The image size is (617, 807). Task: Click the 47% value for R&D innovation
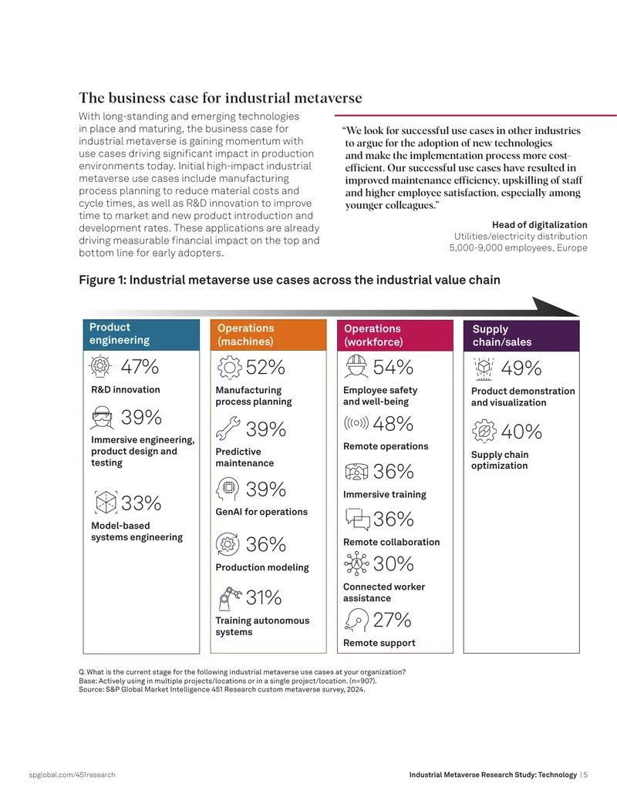click(140, 366)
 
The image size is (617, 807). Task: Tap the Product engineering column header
click(141, 335)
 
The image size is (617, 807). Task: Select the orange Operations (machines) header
click(268, 335)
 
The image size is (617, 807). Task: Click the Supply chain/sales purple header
click(521, 335)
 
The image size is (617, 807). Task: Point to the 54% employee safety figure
click(393, 367)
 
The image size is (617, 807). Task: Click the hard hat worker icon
click(356, 367)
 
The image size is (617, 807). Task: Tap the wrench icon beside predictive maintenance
click(228, 429)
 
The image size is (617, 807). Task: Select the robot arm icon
click(230, 597)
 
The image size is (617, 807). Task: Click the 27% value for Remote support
click(392, 620)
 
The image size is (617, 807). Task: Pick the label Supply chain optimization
click(500, 460)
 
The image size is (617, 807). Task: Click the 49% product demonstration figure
click(521, 368)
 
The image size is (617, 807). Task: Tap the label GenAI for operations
click(261, 512)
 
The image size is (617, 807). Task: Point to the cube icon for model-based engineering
click(106, 503)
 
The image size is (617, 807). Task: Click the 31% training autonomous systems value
click(264, 597)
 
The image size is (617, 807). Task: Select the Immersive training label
click(385, 495)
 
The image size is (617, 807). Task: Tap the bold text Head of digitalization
click(540, 225)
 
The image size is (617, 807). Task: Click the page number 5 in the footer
click(585, 775)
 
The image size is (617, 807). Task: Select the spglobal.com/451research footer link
click(72, 775)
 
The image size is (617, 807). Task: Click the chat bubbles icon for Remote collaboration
click(357, 519)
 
